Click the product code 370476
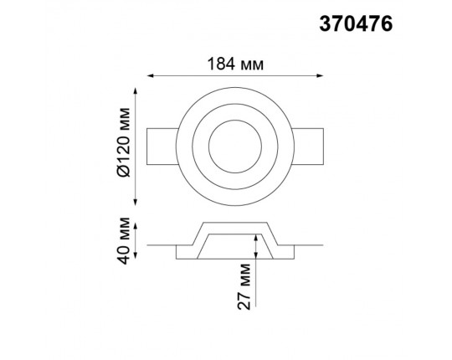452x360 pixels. point(356,23)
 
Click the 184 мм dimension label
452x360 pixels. point(235,64)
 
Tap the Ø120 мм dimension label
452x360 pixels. point(124,142)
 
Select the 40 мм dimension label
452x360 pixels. point(124,240)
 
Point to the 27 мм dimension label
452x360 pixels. point(244,286)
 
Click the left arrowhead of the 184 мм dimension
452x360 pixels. point(150,75)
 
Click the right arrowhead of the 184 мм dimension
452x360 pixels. point(320,75)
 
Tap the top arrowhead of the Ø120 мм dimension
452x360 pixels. point(136,90)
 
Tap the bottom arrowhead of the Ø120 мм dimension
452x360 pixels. point(136,203)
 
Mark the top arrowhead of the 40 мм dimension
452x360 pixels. point(136,226)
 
